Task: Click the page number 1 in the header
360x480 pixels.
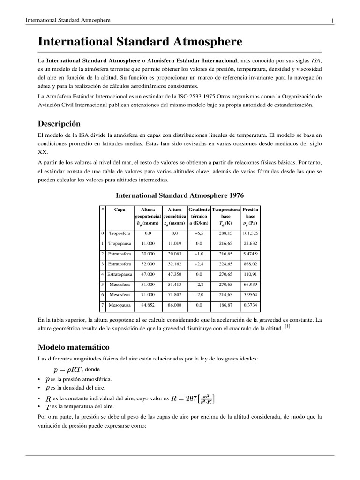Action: click(332, 20)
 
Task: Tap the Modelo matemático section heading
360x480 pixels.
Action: click(73, 347)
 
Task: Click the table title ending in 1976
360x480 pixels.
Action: click(180, 195)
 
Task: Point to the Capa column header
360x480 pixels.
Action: click(120, 210)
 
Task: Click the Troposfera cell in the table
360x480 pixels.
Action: click(120, 233)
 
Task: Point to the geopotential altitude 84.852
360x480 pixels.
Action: click(148, 305)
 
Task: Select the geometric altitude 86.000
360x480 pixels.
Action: click(174, 305)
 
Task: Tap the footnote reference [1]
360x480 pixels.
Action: click(287, 327)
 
